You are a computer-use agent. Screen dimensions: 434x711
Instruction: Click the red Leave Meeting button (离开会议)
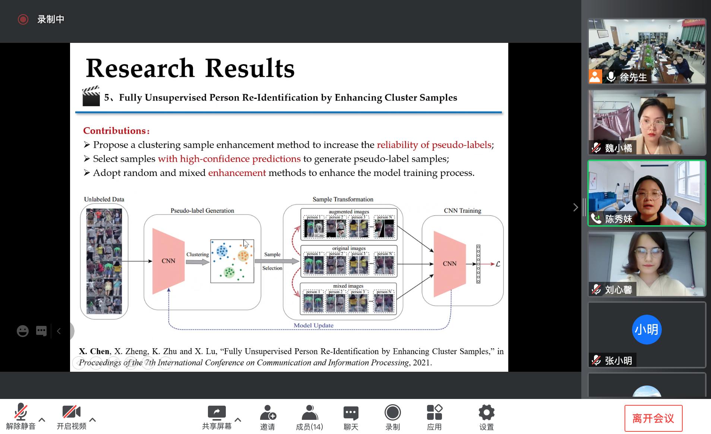click(653, 418)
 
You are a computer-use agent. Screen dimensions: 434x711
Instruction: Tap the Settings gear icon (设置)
click(486, 412)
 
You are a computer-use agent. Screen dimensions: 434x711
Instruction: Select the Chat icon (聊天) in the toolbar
click(351, 413)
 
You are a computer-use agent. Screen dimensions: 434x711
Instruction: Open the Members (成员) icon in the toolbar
click(309, 413)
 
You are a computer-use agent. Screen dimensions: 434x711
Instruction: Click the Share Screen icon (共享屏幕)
click(217, 413)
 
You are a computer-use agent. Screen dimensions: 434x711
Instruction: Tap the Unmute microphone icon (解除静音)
click(20, 412)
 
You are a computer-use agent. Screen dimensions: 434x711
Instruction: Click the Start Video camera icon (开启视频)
click(71, 412)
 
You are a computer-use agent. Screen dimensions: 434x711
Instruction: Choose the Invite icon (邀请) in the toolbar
click(268, 413)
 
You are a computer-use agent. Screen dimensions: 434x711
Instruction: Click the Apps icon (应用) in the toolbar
click(434, 413)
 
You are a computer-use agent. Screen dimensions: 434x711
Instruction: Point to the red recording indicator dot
click(23, 19)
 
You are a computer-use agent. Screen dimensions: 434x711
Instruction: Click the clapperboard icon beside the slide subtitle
click(91, 97)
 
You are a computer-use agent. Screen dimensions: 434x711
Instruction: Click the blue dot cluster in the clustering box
click(222, 251)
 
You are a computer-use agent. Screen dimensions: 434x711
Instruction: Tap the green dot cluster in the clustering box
click(229, 272)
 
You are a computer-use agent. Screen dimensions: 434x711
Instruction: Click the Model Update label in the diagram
click(313, 325)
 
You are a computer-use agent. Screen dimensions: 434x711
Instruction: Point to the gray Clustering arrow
click(197, 262)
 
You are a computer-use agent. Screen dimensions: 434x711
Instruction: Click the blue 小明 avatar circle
click(647, 330)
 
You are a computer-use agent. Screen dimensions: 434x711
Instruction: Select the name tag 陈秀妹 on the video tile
click(618, 219)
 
